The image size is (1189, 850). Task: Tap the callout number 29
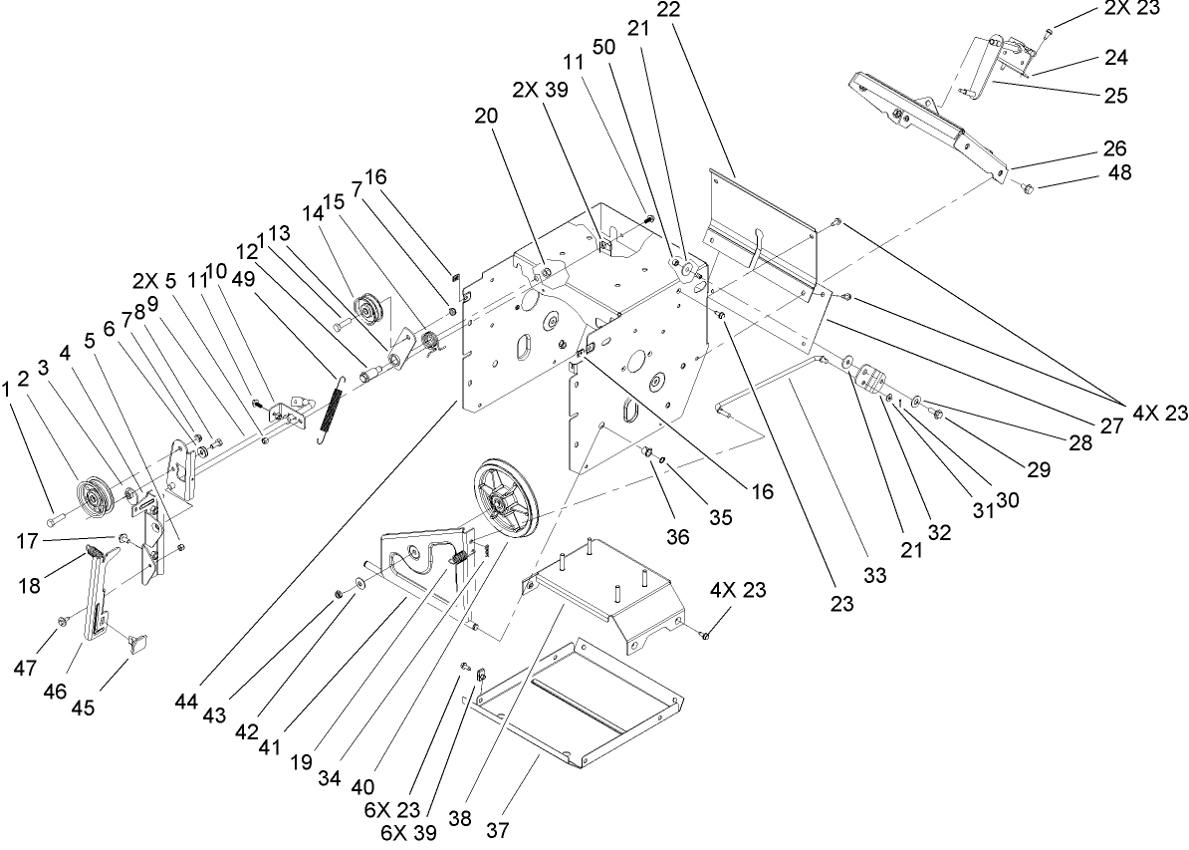tap(1038, 471)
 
